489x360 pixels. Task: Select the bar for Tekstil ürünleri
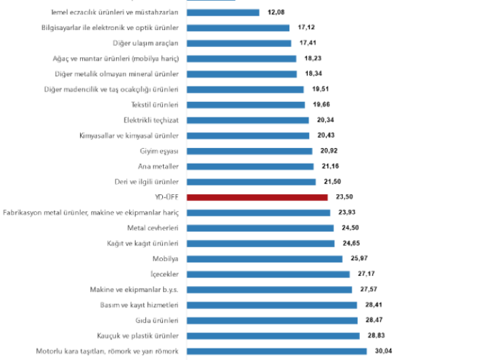coord(244,105)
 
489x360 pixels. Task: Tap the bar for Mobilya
coord(264,259)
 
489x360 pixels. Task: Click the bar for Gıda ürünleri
coord(272,320)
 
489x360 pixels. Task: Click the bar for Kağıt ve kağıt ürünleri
coord(259,243)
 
